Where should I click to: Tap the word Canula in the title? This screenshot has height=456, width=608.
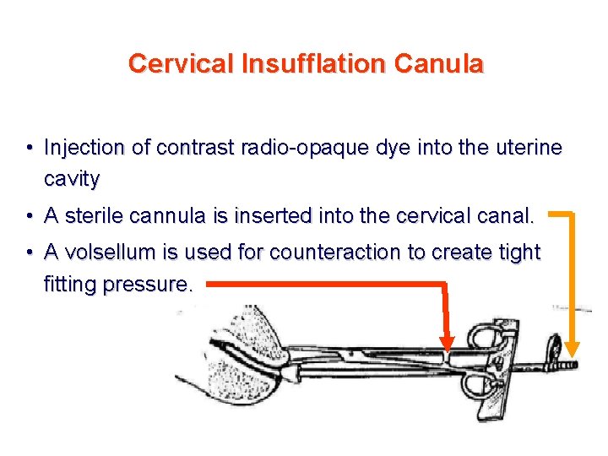click(x=448, y=63)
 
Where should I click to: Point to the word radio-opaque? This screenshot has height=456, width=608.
click(x=305, y=148)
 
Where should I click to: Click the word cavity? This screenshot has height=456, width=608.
click(x=72, y=179)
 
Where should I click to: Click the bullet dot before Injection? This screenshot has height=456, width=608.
click(x=30, y=149)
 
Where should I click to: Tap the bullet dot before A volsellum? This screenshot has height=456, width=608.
click(x=30, y=253)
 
